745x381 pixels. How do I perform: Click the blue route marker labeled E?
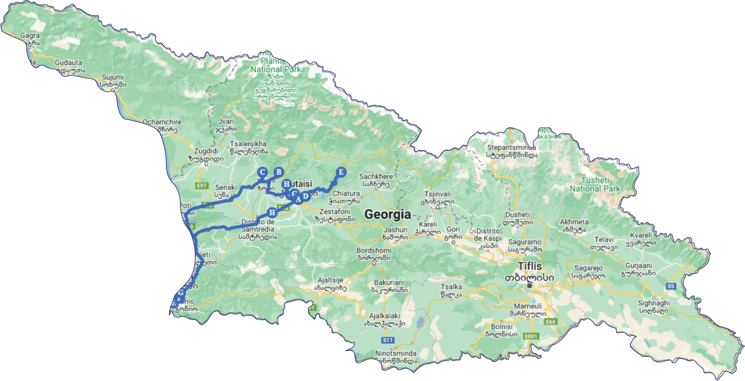click(x=340, y=172)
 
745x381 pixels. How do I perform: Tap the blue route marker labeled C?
click(x=262, y=172)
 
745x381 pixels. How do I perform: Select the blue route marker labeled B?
click(x=279, y=171)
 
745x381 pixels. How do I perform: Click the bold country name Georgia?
click(x=388, y=214)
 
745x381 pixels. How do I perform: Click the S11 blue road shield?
click(x=388, y=340)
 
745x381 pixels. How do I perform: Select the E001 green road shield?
click(x=531, y=336)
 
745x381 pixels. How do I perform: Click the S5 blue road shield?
click(x=670, y=286)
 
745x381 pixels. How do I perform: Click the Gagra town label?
click(x=30, y=36)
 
